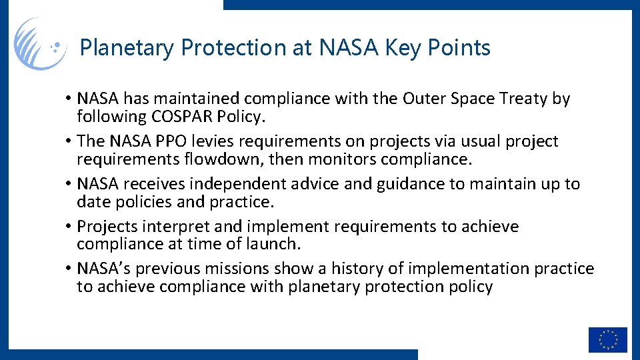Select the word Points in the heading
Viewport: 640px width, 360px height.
point(461,48)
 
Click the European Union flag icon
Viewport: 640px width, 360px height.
point(607,339)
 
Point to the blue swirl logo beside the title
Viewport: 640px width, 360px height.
point(40,44)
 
